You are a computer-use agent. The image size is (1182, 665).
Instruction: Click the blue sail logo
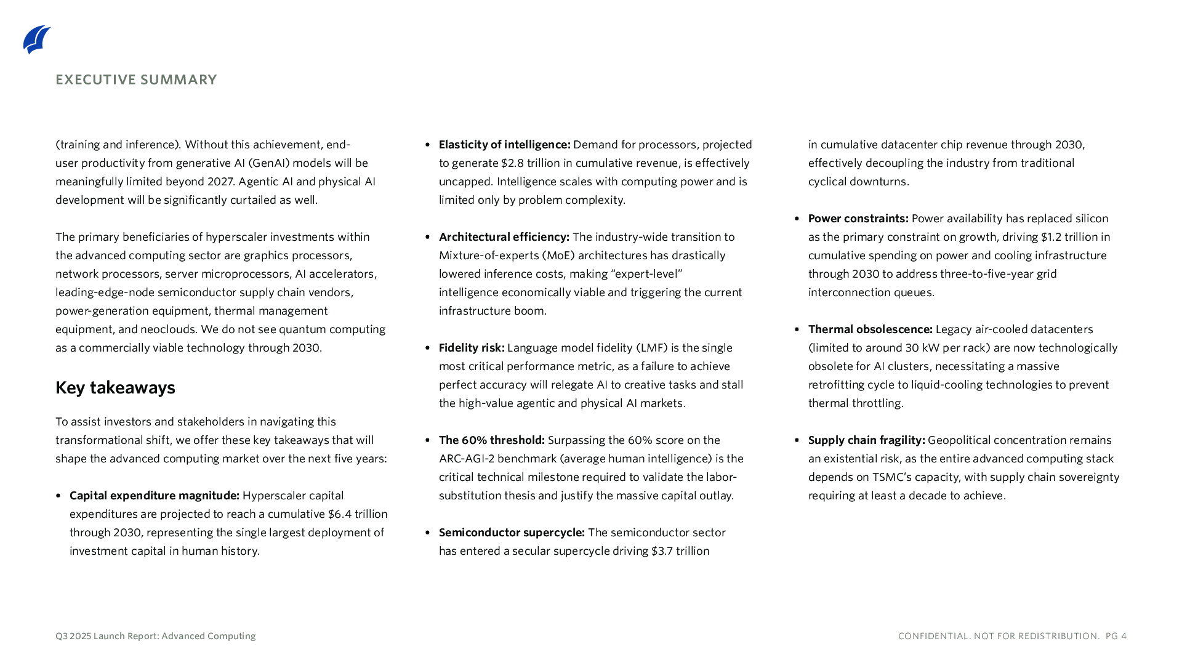(37, 39)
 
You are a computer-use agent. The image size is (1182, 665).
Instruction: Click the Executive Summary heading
(136, 80)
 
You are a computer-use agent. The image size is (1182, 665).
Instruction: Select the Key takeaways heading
(115, 387)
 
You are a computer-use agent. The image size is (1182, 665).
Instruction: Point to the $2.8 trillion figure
(522, 163)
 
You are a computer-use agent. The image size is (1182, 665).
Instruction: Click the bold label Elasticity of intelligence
(504, 145)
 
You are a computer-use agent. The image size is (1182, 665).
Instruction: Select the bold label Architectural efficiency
(504, 237)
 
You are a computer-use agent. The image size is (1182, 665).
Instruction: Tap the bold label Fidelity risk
(472, 348)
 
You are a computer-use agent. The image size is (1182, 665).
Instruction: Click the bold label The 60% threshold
(491, 440)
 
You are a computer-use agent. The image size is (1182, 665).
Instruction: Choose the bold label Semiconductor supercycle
(512, 533)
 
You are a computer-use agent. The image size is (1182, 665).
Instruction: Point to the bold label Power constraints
(858, 219)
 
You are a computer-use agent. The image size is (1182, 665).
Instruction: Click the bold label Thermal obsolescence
(870, 329)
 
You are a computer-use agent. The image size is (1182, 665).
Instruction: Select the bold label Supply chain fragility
(866, 440)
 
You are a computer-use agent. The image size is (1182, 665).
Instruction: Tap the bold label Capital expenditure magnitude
(154, 496)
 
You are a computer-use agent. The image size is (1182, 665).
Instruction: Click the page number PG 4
(1116, 636)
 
